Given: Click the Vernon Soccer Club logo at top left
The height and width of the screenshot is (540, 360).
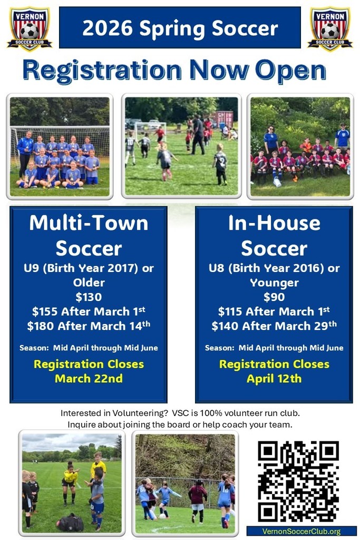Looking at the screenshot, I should (29, 28).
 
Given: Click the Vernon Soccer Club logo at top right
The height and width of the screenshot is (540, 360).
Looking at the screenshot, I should (330, 28).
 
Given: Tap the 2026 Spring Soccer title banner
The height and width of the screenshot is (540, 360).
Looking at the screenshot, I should (180, 27).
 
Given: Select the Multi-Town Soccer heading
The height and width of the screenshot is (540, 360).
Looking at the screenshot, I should (89, 235).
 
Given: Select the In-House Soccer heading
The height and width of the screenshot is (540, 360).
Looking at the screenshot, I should (274, 235).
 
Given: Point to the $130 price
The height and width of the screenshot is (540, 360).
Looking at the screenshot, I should (89, 297).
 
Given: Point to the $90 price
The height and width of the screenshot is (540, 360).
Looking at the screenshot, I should (274, 297).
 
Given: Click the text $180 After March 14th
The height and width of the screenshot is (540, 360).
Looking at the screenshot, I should (89, 326).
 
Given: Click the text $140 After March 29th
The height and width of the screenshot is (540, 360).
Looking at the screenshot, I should (274, 326).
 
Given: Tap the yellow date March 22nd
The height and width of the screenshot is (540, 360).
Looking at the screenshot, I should (89, 378).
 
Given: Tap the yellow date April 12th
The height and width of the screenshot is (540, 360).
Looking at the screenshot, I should (274, 378).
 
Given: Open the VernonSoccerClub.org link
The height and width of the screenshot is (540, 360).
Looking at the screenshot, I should (301, 531).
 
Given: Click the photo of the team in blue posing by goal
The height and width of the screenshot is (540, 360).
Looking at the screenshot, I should (60, 147).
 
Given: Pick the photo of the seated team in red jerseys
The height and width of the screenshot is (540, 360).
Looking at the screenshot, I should (300, 147).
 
